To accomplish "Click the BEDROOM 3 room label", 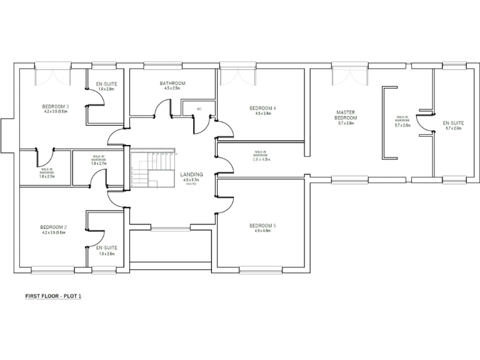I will tap(55, 107).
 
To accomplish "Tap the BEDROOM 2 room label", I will tap(53, 227).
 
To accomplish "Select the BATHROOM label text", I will tap(172, 83).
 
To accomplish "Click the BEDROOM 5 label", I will tap(262, 226).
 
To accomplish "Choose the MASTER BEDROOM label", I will tap(346, 115).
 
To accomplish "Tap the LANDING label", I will tap(191, 174).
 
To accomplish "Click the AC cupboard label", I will tap(199, 109).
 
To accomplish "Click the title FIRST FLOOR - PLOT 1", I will tap(53, 296).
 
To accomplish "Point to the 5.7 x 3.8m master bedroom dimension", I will tap(346, 124).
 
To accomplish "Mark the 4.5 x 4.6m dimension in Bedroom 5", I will tap(262, 232).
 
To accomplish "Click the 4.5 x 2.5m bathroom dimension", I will tap(172, 89).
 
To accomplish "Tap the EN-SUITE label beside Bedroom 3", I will tap(106, 84).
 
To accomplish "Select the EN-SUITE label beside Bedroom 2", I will tap(107, 248).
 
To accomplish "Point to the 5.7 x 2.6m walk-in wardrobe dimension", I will tap(402, 126).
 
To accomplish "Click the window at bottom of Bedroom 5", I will tap(260, 270).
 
